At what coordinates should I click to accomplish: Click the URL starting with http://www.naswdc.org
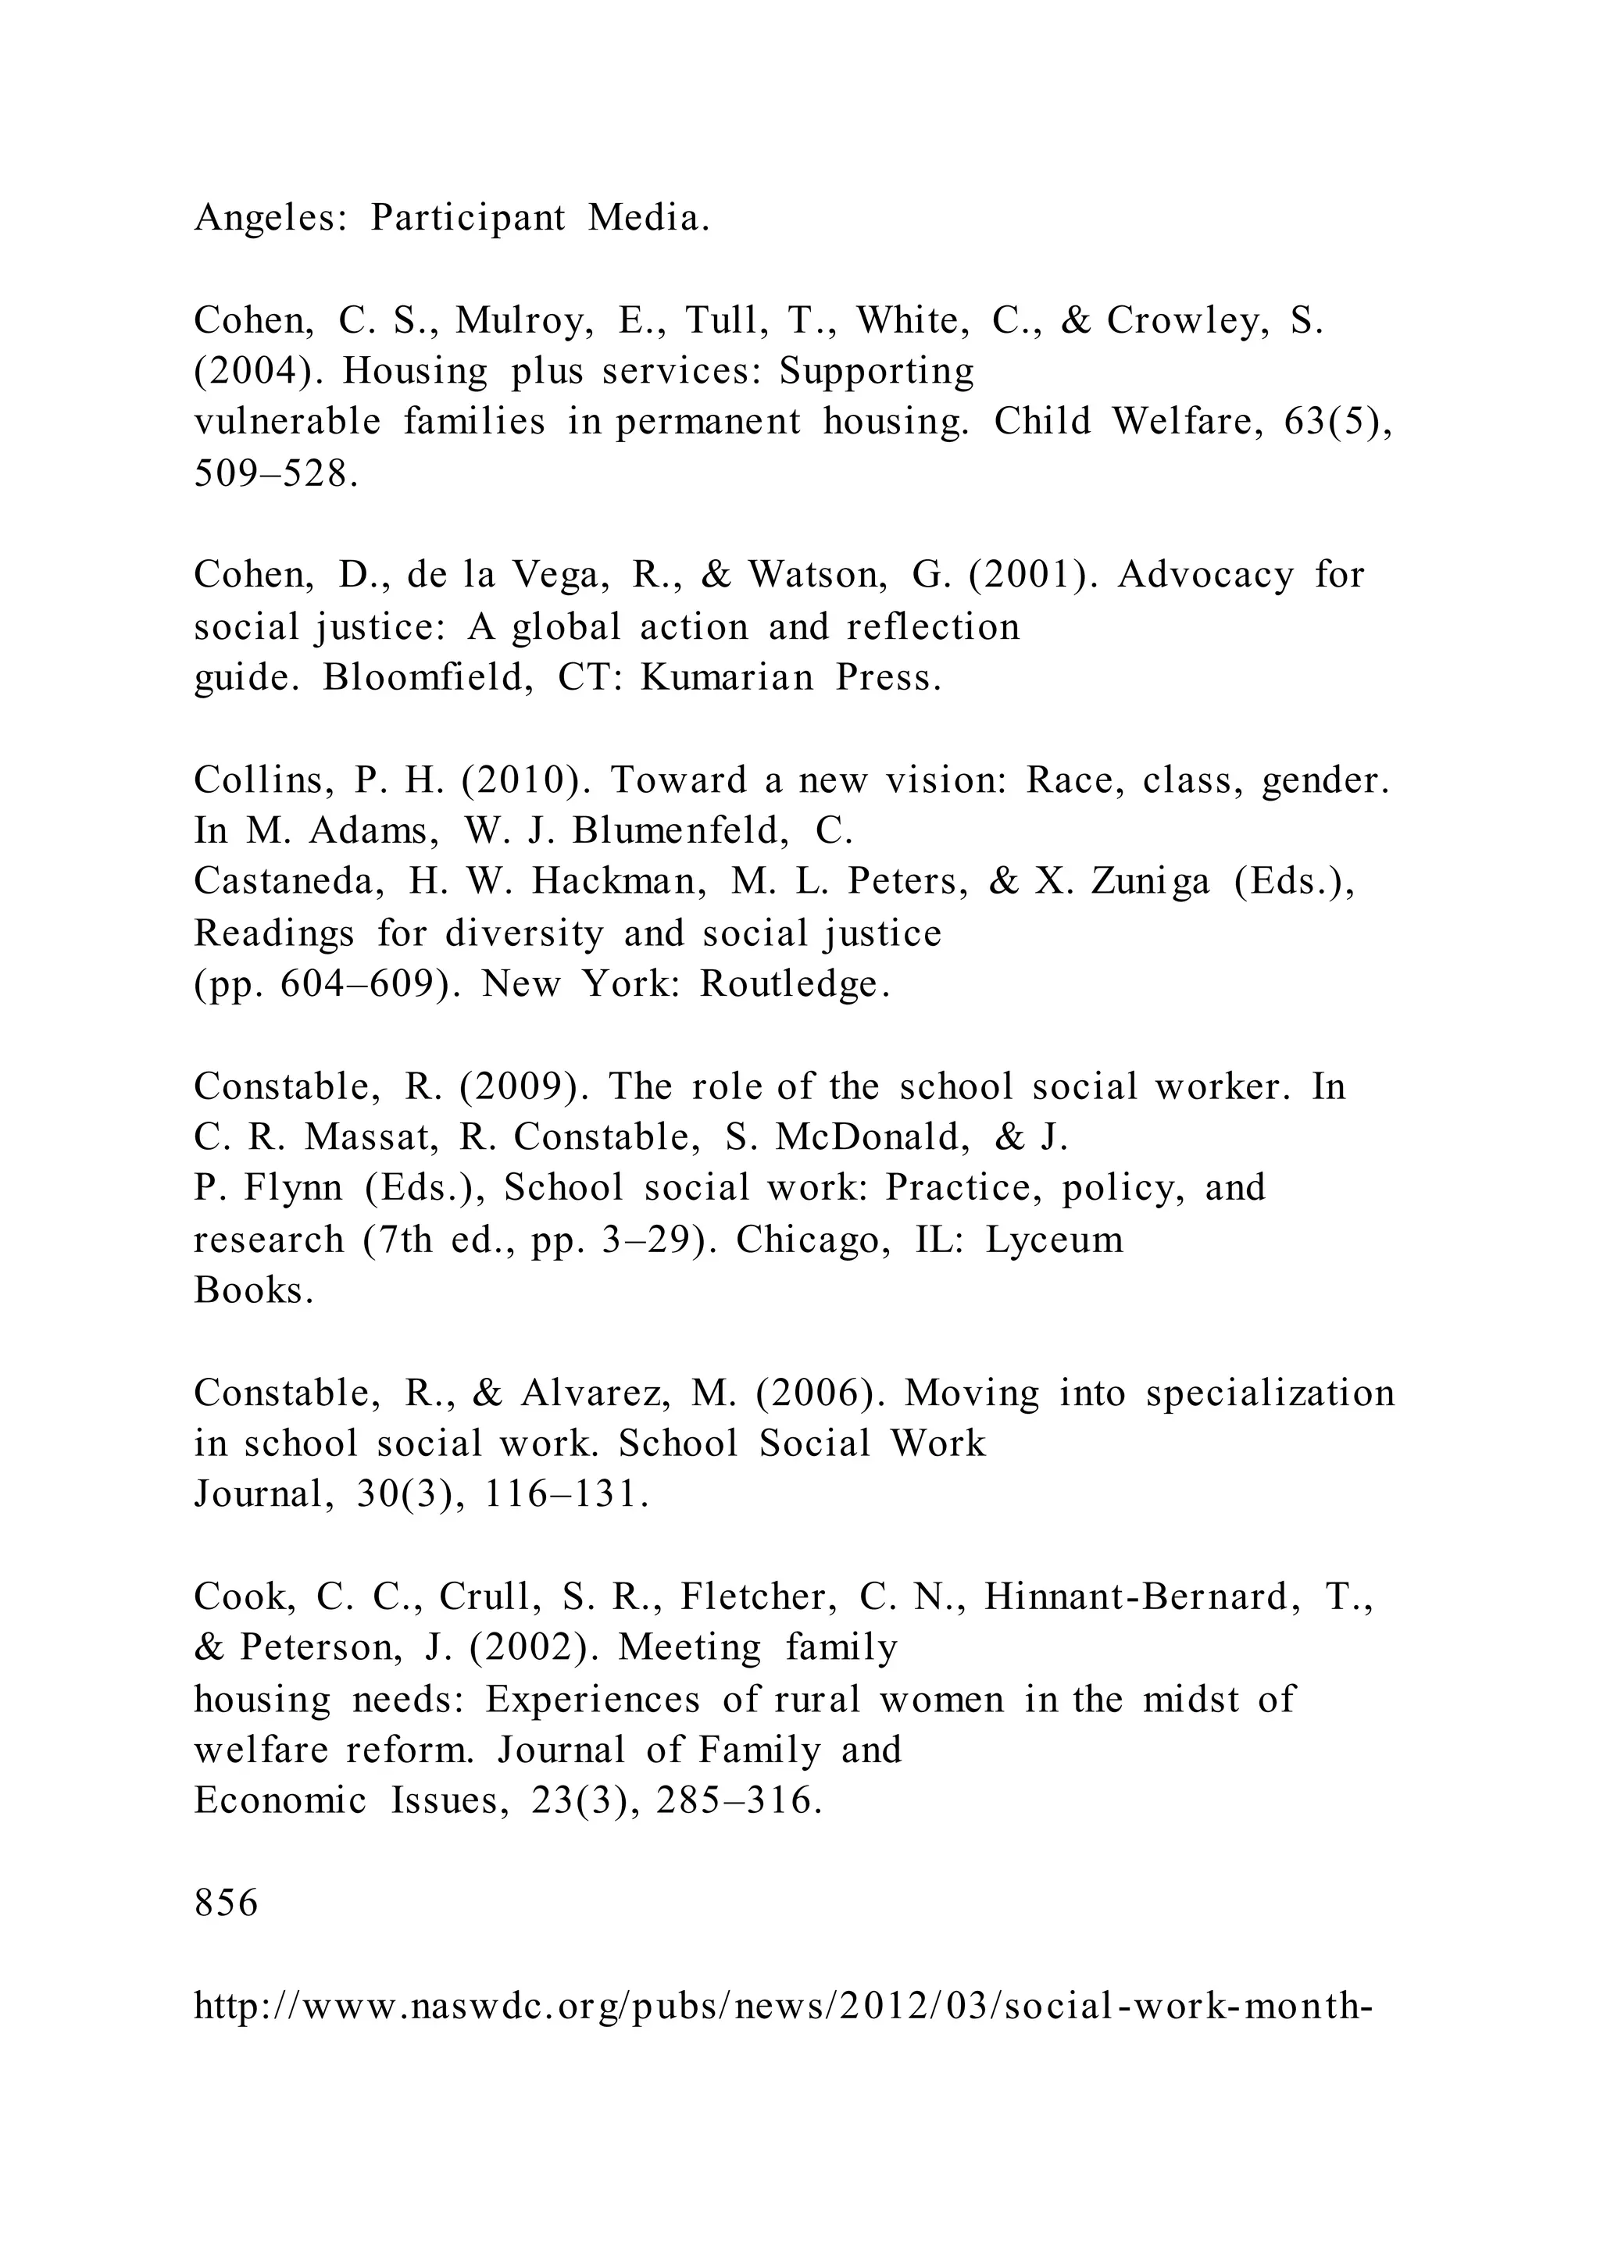tap(784, 2006)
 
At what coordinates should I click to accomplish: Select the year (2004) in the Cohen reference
tap(256, 372)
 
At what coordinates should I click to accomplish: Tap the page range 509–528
tap(271, 475)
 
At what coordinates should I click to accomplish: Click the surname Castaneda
tap(288, 882)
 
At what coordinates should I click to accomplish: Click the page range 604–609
tap(357, 984)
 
